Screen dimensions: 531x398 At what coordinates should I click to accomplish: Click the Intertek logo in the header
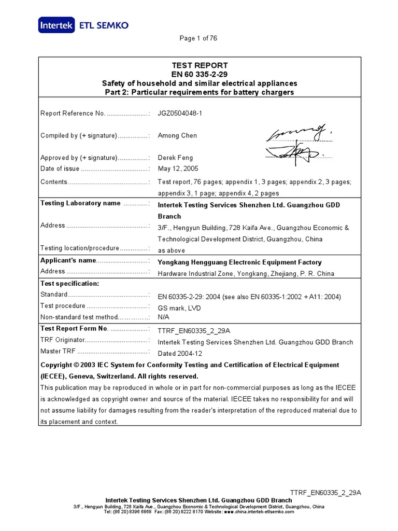56,24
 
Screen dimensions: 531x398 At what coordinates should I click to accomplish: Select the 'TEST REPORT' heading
200,65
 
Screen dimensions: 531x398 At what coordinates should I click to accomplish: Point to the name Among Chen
177,135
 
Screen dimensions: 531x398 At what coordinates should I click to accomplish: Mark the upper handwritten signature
297,134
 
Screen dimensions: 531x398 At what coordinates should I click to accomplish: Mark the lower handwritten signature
294,153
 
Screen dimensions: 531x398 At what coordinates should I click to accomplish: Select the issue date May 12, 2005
178,169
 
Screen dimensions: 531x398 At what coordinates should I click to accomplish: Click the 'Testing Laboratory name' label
80,203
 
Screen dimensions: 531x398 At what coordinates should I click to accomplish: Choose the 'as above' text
171,250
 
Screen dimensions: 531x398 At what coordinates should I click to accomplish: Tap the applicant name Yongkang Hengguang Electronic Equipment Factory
239,262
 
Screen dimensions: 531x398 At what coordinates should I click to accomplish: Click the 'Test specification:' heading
69,284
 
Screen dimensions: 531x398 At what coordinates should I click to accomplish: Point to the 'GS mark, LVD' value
179,308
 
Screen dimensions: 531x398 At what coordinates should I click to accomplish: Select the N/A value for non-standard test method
164,317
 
